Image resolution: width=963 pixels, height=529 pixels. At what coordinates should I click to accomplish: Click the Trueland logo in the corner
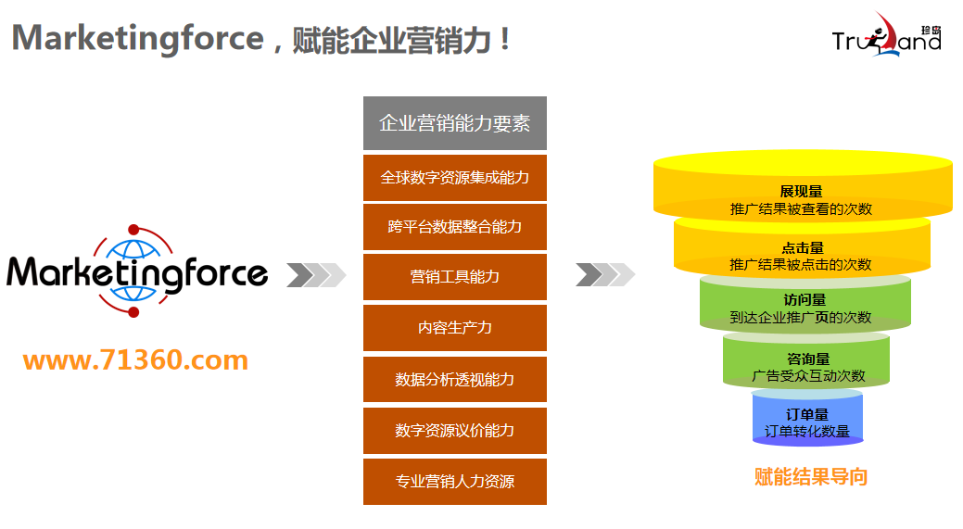click(886, 36)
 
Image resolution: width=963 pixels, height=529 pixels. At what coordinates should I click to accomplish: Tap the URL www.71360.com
click(135, 359)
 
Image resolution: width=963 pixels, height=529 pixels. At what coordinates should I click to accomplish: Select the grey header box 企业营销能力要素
click(454, 123)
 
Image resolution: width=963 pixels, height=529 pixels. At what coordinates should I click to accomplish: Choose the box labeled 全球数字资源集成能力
click(454, 177)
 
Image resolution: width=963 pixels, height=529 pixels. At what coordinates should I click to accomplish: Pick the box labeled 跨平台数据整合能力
click(454, 227)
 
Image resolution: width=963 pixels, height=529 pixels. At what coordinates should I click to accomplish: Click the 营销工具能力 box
click(454, 277)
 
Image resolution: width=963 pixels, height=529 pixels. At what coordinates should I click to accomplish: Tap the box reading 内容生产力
click(454, 328)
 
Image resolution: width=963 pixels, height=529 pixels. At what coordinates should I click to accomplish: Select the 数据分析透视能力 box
click(454, 379)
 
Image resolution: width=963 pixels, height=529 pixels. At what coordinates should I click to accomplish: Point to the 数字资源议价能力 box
click(454, 430)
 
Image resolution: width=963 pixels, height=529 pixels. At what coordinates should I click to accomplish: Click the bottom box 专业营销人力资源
click(454, 481)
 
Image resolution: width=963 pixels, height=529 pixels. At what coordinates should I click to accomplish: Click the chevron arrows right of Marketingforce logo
click(316, 275)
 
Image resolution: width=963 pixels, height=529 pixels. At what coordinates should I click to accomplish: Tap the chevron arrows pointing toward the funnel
click(605, 275)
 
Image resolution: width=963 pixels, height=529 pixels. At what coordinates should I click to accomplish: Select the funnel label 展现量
click(801, 192)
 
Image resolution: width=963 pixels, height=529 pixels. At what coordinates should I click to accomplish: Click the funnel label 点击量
click(802, 247)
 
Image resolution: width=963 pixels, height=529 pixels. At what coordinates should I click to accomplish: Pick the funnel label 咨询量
click(807, 359)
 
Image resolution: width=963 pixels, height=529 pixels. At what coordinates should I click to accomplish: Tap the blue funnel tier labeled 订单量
click(806, 422)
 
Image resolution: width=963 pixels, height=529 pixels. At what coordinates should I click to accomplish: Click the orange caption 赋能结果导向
click(811, 477)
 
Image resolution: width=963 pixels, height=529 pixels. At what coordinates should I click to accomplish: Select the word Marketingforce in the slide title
click(138, 38)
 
